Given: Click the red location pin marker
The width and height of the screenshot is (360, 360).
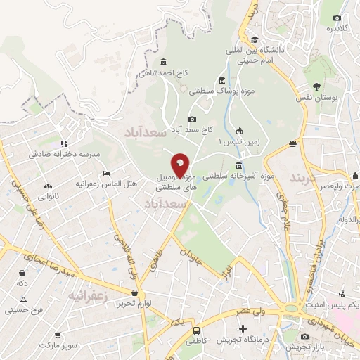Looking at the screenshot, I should click(180, 165).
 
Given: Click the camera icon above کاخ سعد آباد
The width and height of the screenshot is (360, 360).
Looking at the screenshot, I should click(192, 119).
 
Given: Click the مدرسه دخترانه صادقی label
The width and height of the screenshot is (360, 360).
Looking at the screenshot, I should click(65, 153).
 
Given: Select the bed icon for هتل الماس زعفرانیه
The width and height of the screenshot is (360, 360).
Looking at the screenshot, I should click(106, 172).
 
